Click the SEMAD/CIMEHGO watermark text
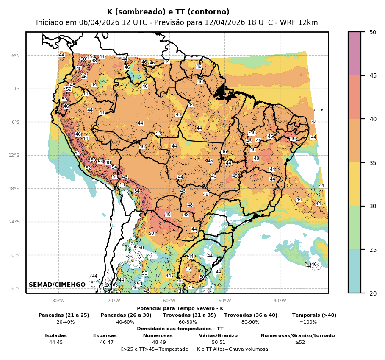coord(57,285)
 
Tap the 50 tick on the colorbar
coord(373,32)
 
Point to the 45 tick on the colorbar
coord(373,76)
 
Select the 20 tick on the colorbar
coord(373,293)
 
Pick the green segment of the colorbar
coord(355,228)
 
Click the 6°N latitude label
coord(15,56)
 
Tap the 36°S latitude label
coord(14,288)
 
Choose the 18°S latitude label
coord(14,189)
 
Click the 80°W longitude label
coord(58,301)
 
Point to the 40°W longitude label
coord(280,301)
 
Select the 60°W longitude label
coord(169,301)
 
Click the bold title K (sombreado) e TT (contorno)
coord(168,12)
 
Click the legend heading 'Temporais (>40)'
coord(314,315)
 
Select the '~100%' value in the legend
coord(308,322)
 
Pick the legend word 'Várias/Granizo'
coord(218,335)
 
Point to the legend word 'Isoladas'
coord(56,335)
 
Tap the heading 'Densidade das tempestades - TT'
coord(180,329)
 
